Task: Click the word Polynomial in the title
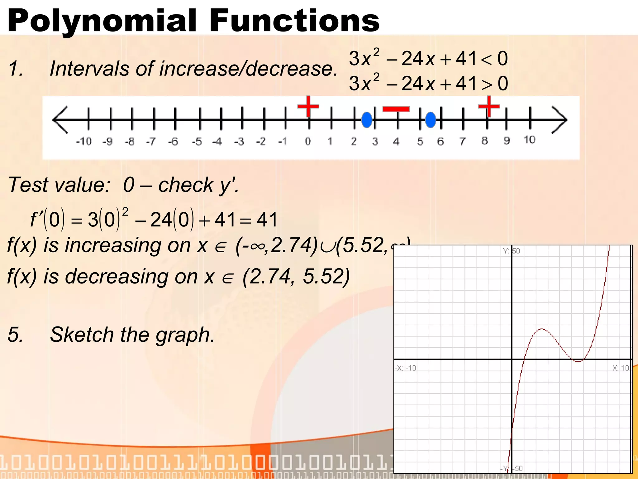tap(102, 21)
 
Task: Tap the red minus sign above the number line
tap(396, 109)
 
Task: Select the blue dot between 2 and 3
tap(367, 120)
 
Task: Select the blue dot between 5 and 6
tap(431, 120)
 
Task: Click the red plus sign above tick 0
tap(308, 106)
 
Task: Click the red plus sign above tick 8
tap(489, 106)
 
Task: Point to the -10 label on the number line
tap(84, 142)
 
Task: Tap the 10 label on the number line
tap(529, 140)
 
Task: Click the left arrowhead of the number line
tap(60, 120)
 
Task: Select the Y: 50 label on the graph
tap(511, 251)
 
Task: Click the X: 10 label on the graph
tap(621, 368)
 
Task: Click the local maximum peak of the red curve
tap(542, 329)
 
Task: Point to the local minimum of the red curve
tap(578, 361)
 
